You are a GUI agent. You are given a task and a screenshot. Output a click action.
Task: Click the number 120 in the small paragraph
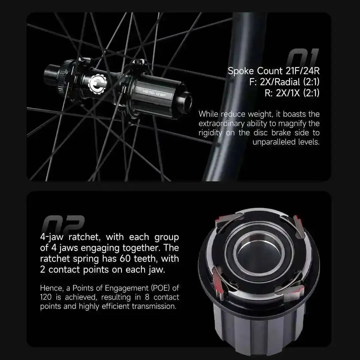pyautogui.click(x=46, y=297)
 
